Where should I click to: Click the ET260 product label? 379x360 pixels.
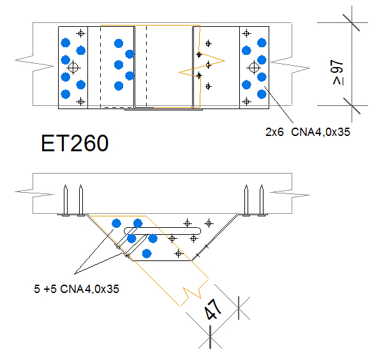75,143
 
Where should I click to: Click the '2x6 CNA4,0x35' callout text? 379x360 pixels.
308,132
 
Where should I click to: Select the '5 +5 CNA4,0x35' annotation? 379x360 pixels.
77,289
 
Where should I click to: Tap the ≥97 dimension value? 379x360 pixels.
337,73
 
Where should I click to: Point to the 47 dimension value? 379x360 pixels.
212,310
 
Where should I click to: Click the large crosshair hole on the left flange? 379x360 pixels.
73,68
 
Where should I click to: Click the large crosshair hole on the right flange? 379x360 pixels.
254,68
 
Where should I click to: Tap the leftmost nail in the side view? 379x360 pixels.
65,200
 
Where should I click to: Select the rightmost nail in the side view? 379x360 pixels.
262,200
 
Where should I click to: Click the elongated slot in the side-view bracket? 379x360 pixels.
162,231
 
